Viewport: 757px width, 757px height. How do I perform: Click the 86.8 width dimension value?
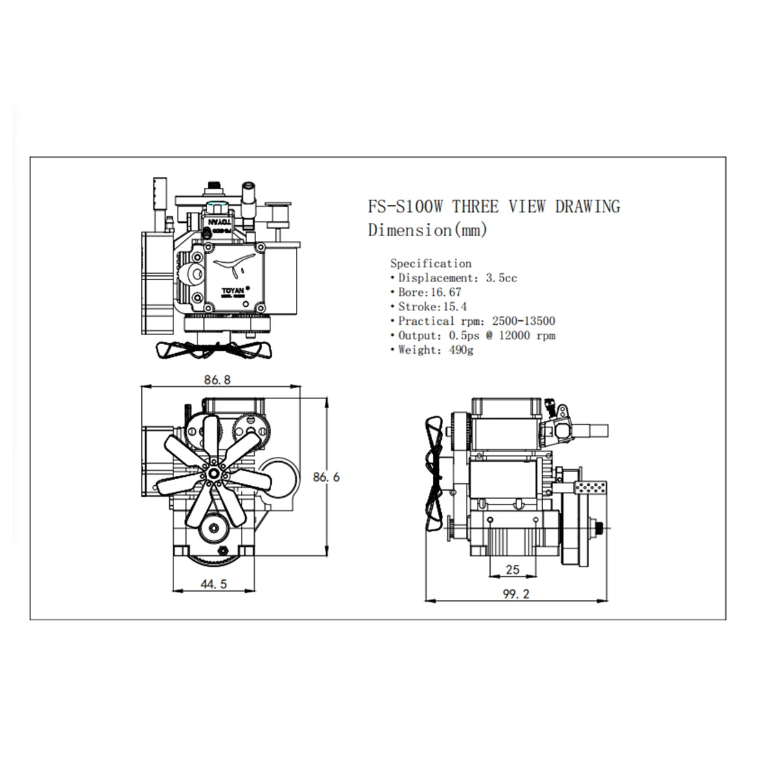coord(217,379)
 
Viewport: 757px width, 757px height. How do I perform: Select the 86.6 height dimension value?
coord(327,476)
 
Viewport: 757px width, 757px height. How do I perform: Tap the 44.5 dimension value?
coord(213,584)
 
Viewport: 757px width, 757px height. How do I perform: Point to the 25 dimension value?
coord(512,569)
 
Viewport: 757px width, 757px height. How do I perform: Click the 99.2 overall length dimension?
coord(516,595)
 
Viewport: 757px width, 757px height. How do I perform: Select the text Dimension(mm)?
coord(427,230)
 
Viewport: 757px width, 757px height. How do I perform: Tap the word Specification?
coord(431,263)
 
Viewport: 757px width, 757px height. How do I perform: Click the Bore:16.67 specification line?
coord(430,292)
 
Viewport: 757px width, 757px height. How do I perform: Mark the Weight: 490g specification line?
coord(436,350)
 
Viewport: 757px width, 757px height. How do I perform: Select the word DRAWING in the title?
coord(588,206)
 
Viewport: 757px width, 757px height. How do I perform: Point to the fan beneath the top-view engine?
coord(213,349)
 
